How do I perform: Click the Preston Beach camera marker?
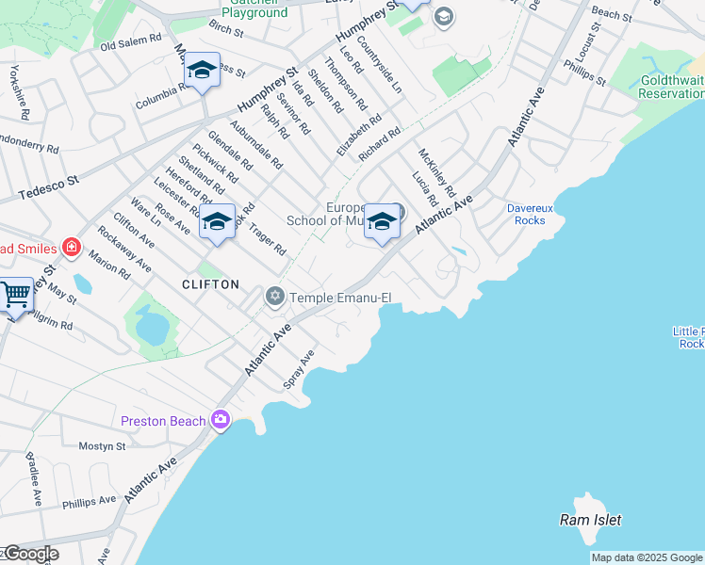[221, 419]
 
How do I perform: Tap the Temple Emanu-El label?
[339, 298]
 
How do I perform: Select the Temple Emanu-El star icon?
[274, 297]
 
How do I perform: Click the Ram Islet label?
[591, 520]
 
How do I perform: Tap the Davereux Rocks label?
[531, 214]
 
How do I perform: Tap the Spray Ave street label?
[299, 371]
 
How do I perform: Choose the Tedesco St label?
[46, 187]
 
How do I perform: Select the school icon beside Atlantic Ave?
[382, 222]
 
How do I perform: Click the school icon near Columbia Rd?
[202, 71]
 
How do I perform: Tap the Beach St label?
[612, 15]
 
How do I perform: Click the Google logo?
[31, 554]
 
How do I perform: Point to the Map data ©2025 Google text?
[647, 557]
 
